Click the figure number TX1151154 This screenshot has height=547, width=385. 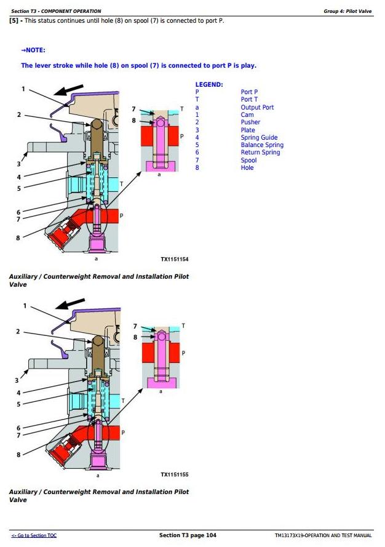point(175,260)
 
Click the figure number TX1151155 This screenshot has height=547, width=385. point(175,474)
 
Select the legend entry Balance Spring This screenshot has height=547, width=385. point(262,145)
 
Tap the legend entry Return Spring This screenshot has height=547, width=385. point(260,153)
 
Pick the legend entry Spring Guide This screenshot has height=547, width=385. point(259,138)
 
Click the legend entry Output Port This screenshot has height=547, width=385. point(257,107)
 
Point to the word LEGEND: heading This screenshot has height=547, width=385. point(209,84)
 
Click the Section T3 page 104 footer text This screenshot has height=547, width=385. point(188,535)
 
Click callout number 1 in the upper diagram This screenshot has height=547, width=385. point(24,89)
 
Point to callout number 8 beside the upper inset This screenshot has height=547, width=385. point(134,121)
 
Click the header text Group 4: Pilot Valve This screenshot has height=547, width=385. point(347,11)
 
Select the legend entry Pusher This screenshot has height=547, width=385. point(250,122)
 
